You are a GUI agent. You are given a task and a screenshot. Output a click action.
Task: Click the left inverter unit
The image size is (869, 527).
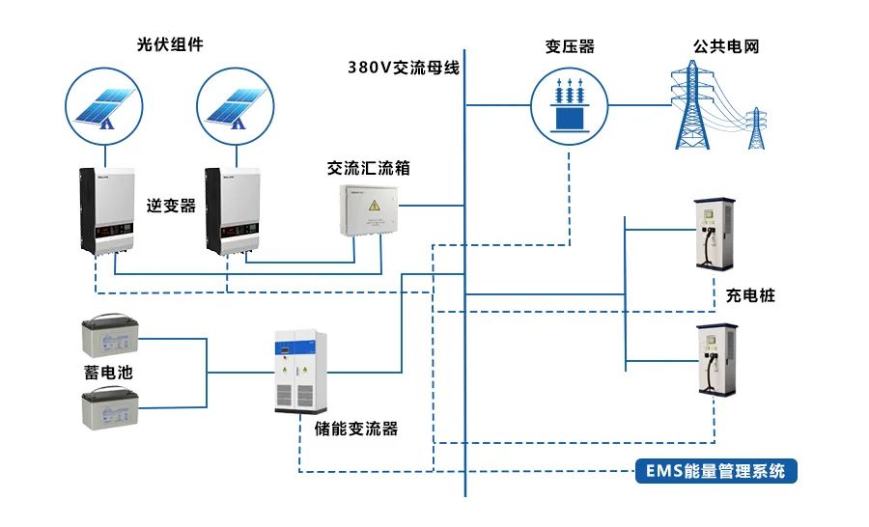[112, 210]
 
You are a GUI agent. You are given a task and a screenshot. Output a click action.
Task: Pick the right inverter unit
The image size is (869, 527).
[238, 210]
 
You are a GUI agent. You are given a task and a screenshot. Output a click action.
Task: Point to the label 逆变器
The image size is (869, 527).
[171, 206]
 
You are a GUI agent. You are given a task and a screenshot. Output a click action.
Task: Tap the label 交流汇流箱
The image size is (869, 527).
[369, 168]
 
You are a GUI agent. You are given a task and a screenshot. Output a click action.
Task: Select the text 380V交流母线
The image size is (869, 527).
[404, 68]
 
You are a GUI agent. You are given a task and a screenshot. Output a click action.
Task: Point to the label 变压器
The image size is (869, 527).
[569, 45]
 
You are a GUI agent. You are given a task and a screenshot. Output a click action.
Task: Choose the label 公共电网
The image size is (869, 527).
[725, 45]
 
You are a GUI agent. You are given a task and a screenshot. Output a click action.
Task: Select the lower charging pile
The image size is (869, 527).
[716, 362]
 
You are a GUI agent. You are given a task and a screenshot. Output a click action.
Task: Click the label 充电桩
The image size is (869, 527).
[751, 295]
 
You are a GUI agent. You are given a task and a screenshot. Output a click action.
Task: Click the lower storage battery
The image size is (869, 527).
[110, 405]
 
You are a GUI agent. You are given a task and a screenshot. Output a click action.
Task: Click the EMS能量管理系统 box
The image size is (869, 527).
[716, 472]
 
